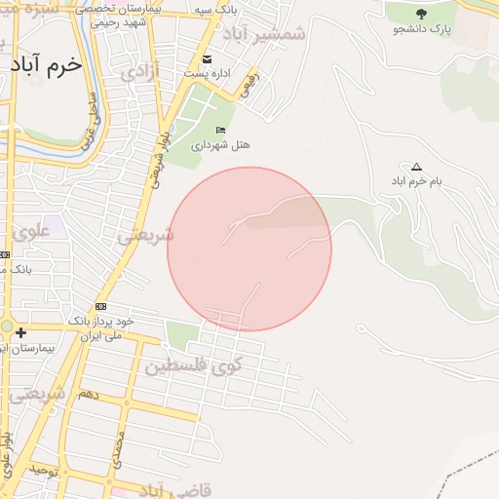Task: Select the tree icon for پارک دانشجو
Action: tap(421, 14)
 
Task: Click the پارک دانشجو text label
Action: tap(422, 30)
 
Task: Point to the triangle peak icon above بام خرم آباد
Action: tap(417, 167)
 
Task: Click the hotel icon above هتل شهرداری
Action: tap(221, 130)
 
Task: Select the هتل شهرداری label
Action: tap(221, 144)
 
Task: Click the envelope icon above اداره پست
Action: tap(207, 58)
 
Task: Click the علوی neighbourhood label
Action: tap(31, 232)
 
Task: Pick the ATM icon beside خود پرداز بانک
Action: tap(101, 306)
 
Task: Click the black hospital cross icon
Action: tap(20, 333)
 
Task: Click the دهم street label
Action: tap(88, 395)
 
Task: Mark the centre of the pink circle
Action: tap(249, 249)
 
